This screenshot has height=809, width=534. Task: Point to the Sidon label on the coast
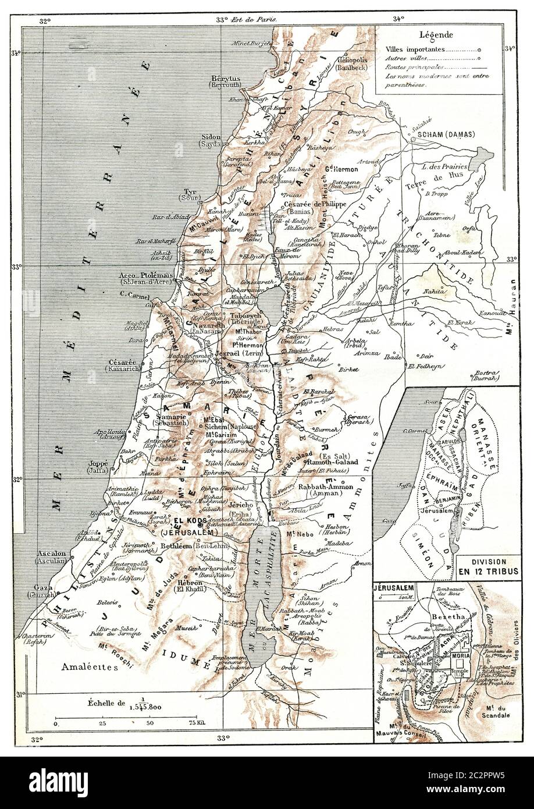[210, 137]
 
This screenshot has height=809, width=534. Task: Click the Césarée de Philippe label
[315, 204]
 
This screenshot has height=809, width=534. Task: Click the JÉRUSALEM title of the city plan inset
[394, 588]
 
